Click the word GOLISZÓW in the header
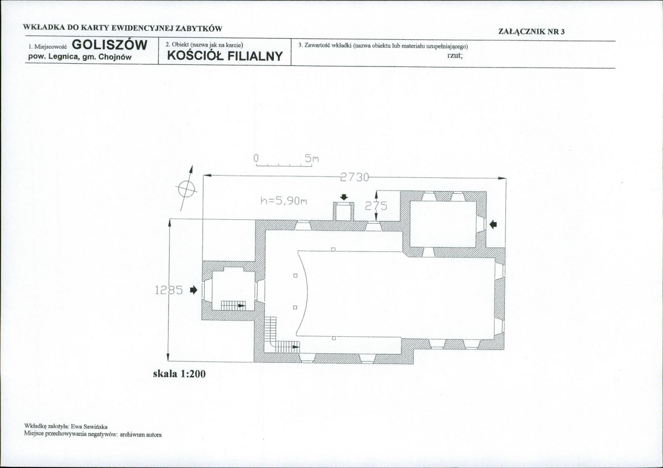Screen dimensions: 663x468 (x=109, y=45)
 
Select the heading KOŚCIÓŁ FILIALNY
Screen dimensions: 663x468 (x=225, y=56)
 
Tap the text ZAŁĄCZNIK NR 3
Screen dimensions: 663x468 (x=531, y=32)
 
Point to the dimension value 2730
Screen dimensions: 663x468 (x=354, y=177)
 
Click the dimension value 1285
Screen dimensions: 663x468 (x=169, y=290)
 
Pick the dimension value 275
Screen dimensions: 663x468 (x=376, y=206)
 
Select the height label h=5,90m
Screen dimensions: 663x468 (x=284, y=200)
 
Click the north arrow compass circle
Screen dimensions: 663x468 (x=186, y=188)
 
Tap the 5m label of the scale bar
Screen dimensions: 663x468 (x=312, y=159)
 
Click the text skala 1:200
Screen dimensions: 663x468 (x=179, y=373)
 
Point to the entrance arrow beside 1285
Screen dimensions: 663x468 (x=194, y=290)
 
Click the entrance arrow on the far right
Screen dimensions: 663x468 (x=493, y=224)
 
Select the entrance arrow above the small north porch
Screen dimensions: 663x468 (x=344, y=197)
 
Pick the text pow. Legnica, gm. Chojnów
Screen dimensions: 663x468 (x=80, y=56)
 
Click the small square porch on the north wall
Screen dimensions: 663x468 (x=343, y=212)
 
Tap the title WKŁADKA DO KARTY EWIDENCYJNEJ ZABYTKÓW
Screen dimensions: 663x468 (x=123, y=29)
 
